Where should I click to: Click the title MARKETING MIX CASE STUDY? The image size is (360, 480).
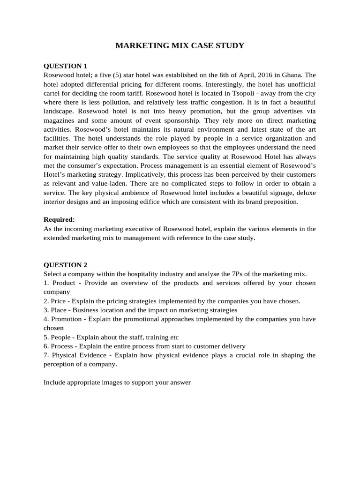tap(180, 46)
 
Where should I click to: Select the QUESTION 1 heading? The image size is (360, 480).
tap(65, 66)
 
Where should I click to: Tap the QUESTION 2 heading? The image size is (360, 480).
tap(65, 264)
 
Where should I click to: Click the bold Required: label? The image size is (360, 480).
tap(59, 219)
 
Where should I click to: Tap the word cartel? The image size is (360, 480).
tap(53, 93)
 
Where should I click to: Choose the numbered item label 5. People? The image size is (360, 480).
tap(58, 337)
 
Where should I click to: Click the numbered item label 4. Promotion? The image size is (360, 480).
tap(63, 319)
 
